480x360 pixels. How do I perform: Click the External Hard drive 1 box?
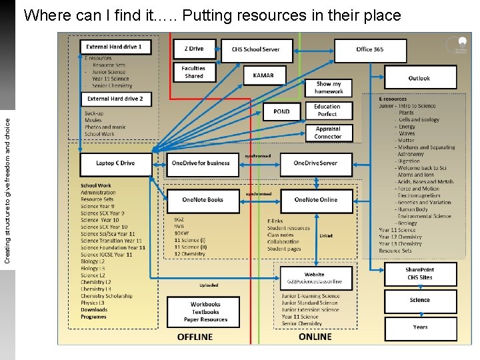[115, 47]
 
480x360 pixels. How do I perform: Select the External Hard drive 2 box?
[115, 99]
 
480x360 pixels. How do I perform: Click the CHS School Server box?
[255, 49]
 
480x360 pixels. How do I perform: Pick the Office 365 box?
[370, 49]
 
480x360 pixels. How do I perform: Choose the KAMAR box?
[263, 75]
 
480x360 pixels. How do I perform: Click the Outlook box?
[419, 78]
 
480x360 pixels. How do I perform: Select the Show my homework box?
[329, 87]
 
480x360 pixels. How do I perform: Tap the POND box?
[282, 111]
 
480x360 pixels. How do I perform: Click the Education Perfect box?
[327, 110]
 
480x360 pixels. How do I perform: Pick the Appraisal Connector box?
[327, 132]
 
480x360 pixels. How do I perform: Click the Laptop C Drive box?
[115, 163]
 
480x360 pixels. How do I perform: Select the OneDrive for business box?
[201, 163]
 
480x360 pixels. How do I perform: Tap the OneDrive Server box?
[315, 163]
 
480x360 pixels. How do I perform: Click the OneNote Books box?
[203, 200]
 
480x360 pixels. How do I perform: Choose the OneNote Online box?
[316, 200]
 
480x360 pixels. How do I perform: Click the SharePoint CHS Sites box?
[419, 273]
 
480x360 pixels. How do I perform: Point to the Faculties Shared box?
[194, 72]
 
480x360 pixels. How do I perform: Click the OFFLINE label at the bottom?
[195, 337]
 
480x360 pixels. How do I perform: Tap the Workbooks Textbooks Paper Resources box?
[205, 312]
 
